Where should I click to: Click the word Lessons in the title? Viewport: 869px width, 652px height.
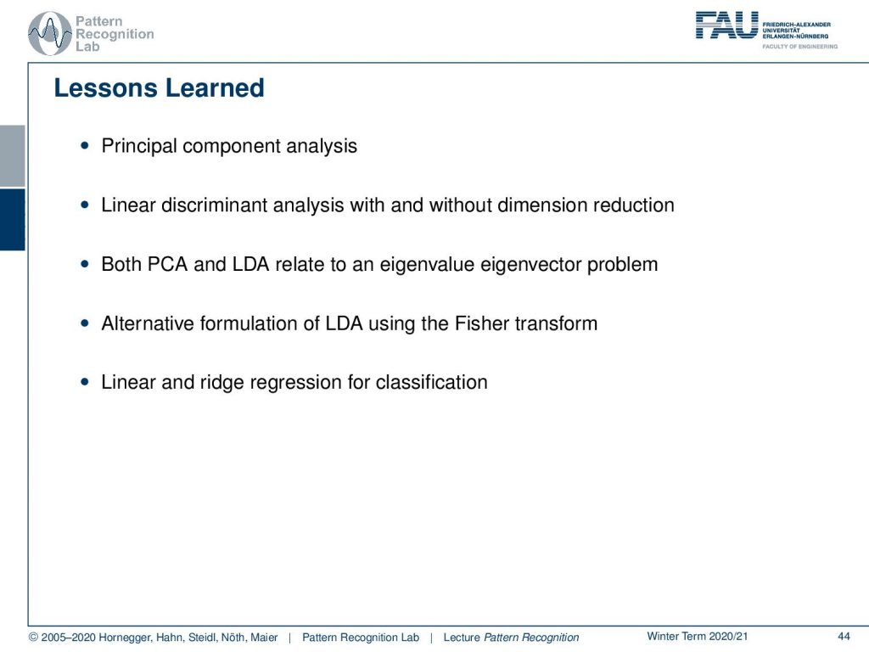tap(105, 88)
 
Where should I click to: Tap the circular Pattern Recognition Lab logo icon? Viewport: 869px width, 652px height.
tap(50, 34)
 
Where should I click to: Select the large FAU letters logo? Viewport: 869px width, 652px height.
tap(726, 25)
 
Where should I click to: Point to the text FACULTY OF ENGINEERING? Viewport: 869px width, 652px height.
tap(799, 47)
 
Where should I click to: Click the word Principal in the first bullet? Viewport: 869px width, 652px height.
tap(139, 146)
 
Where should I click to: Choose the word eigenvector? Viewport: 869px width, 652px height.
tap(530, 265)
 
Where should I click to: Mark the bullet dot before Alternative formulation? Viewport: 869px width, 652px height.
tap(85, 323)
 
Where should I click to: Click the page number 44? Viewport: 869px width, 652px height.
tap(844, 637)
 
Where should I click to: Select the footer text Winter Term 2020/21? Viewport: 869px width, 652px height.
tap(698, 637)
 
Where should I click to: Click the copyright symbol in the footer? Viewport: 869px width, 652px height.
tap(33, 637)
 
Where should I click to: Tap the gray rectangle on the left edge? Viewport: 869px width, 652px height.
tap(12, 156)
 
